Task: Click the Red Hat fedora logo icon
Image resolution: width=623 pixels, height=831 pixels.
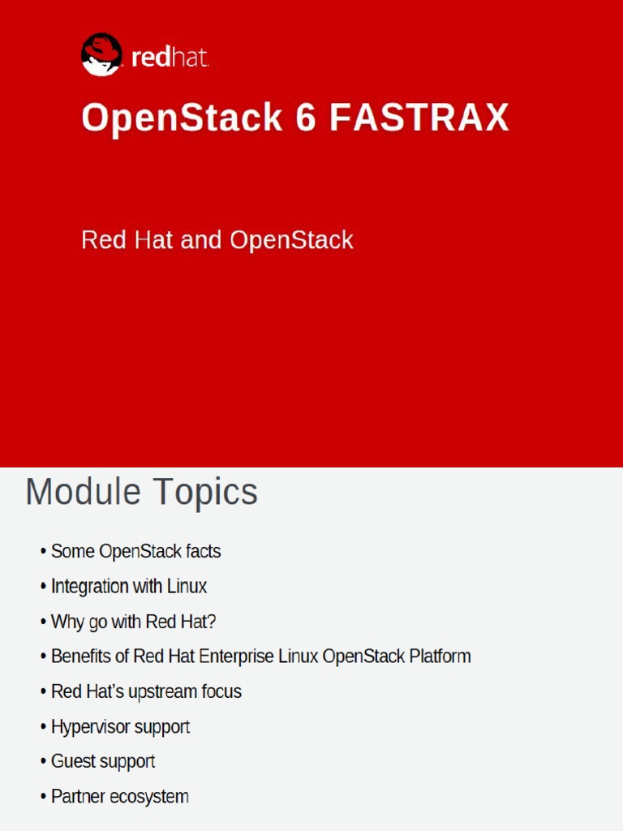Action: pos(101,55)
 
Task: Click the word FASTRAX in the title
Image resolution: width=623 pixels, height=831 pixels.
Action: pos(419,118)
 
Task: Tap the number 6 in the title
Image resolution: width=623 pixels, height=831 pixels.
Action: pos(305,118)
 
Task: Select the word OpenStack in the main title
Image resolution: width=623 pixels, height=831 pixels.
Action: pos(182,118)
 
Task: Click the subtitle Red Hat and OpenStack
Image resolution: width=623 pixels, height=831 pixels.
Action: pos(217,240)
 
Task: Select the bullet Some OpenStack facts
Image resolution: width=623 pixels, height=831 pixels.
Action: pos(135,552)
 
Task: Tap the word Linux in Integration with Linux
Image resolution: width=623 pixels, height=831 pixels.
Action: pos(187,587)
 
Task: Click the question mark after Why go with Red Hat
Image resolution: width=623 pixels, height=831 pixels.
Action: pos(212,622)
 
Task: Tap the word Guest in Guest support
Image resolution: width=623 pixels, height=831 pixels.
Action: pos(71,762)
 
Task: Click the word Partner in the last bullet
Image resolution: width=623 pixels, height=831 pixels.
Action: pos(79,797)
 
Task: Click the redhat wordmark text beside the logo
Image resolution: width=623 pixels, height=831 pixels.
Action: pos(170,58)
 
